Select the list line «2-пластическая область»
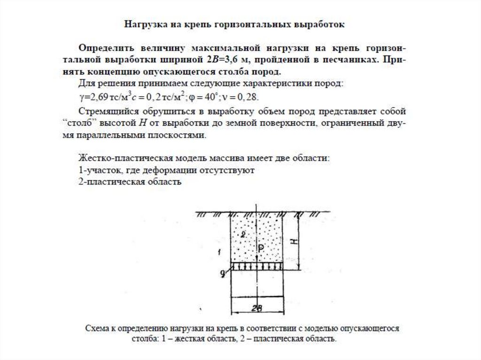[129, 182]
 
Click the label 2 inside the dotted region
[242, 234]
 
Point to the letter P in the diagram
[261, 247]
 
